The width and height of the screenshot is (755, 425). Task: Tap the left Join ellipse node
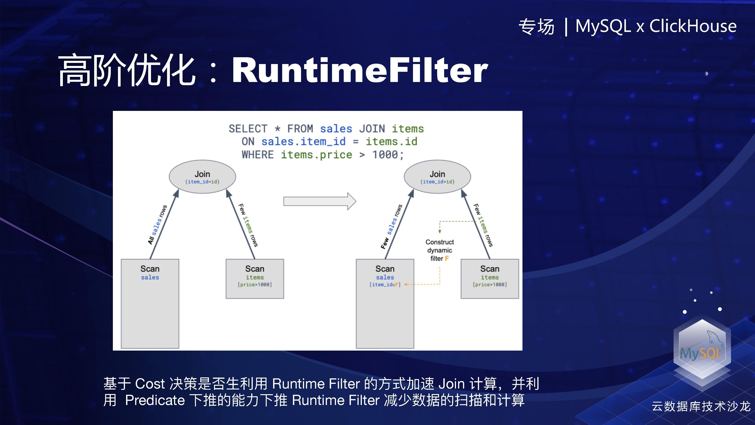click(x=202, y=177)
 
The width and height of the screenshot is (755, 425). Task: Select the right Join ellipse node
click(x=437, y=177)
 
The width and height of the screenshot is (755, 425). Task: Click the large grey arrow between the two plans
click(x=320, y=201)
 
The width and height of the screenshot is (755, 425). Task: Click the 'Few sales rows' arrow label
click(x=392, y=226)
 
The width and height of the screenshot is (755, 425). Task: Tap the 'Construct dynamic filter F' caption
click(x=439, y=250)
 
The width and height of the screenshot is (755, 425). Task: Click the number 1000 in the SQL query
click(x=385, y=155)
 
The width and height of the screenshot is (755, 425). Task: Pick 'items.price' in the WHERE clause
click(x=317, y=155)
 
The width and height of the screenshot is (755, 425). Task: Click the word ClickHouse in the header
click(x=693, y=26)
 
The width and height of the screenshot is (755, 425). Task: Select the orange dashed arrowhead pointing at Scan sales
click(x=406, y=284)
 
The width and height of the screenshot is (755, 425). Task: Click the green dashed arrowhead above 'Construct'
click(x=440, y=231)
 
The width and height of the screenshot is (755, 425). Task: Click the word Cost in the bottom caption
click(x=150, y=384)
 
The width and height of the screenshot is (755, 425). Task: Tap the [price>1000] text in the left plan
click(x=255, y=284)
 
